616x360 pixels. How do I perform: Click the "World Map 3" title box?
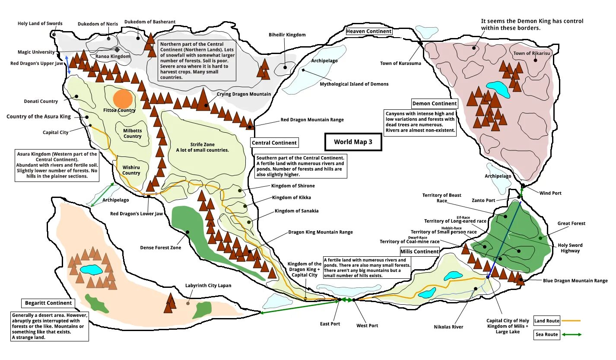[x=353, y=142]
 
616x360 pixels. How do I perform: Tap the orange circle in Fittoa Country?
[x=123, y=99]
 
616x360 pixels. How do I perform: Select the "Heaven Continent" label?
[x=369, y=31]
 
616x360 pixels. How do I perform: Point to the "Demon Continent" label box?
[x=434, y=104]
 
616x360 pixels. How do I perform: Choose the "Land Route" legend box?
[x=547, y=321]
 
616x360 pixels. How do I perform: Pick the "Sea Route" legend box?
[x=546, y=335]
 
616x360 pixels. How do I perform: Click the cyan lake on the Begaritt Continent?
[x=91, y=270]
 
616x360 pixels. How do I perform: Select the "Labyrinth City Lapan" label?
[x=208, y=286]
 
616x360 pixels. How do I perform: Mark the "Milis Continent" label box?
[x=419, y=252]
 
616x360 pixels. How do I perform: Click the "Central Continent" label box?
[x=274, y=143]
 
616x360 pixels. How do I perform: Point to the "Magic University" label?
[x=36, y=52]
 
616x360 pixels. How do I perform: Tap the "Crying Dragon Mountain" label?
[x=244, y=94]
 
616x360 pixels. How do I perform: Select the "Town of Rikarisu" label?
[x=531, y=54]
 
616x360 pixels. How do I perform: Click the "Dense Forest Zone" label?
[x=161, y=248]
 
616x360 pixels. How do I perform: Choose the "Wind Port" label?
[x=550, y=193]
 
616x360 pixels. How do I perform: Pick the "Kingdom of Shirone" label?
[x=293, y=186]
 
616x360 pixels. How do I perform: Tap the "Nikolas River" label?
[x=448, y=327]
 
